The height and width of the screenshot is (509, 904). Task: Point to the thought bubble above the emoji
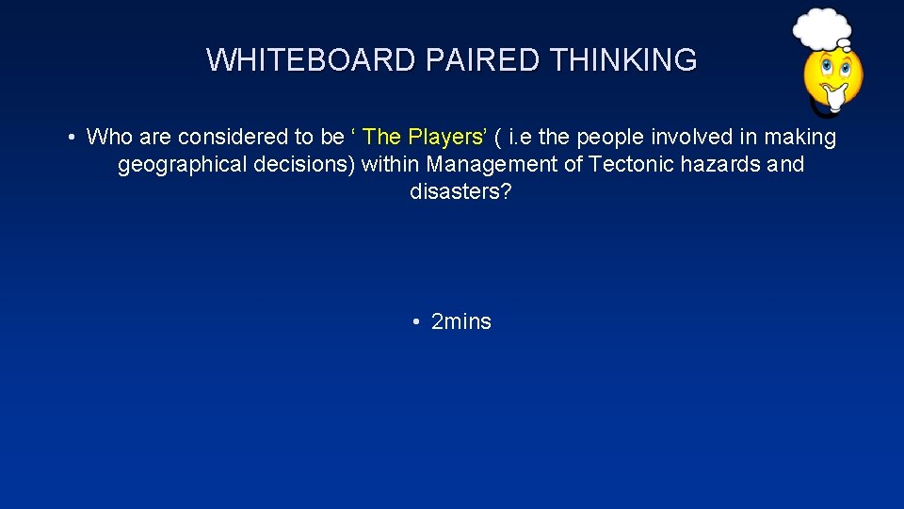821,27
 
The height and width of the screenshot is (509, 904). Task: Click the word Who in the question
110,138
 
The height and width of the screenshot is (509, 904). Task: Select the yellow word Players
446,138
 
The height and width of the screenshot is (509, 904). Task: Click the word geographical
176,165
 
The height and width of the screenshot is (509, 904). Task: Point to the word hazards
722,165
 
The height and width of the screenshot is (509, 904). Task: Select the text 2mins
461,322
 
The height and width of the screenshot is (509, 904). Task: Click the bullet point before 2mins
416,322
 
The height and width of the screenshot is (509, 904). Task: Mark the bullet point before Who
72,138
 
